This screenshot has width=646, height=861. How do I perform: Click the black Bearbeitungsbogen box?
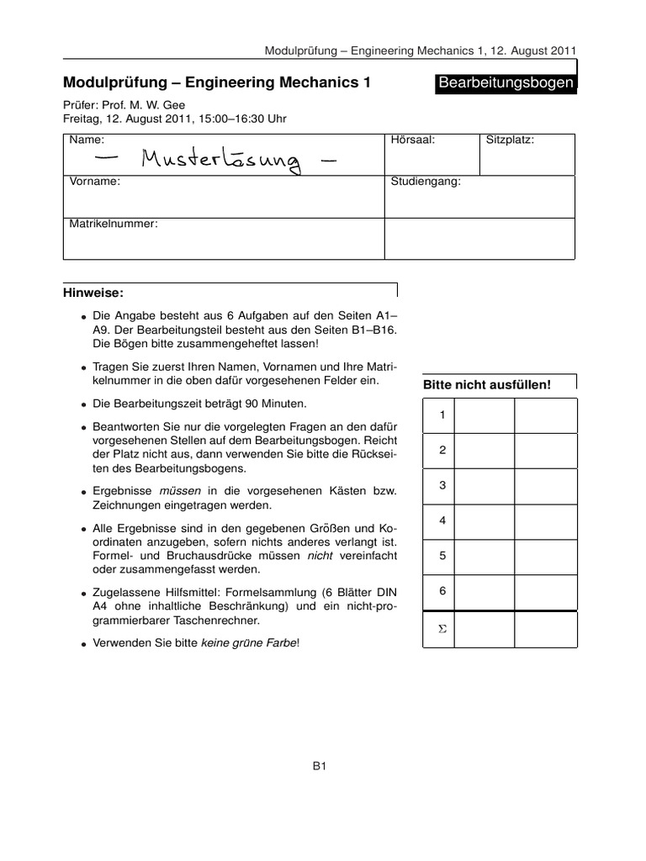506,83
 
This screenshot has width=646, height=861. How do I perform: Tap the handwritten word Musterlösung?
220,157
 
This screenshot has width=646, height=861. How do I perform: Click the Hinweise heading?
93,293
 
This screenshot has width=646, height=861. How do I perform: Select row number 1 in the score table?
442,415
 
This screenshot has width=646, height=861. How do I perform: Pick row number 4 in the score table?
442,521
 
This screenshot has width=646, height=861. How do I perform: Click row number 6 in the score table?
442,592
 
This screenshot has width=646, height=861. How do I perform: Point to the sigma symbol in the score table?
442,630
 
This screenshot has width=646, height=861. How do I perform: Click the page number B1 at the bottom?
320,766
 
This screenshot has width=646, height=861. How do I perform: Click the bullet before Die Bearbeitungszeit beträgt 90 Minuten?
84,404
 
